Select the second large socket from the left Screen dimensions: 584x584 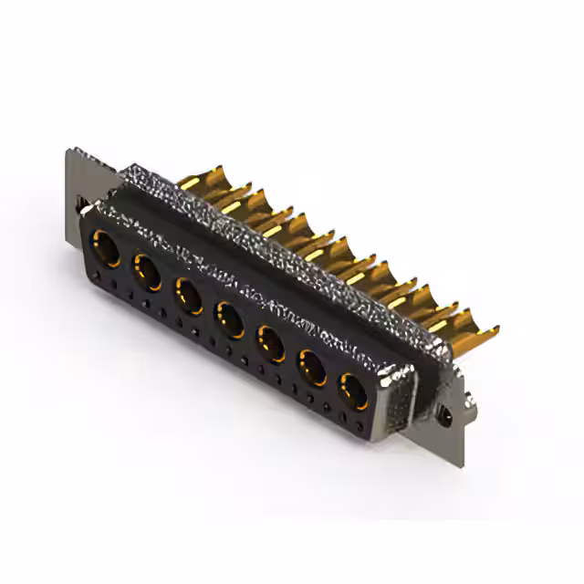pyautogui.click(x=148, y=272)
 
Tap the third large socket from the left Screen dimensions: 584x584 pyautogui.click(x=189, y=296)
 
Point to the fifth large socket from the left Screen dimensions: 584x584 pyautogui.click(x=271, y=345)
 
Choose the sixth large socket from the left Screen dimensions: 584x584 pyautogui.click(x=313, y=370)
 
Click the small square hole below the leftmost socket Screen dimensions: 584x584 pyautogui.click(x=100, y=277)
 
